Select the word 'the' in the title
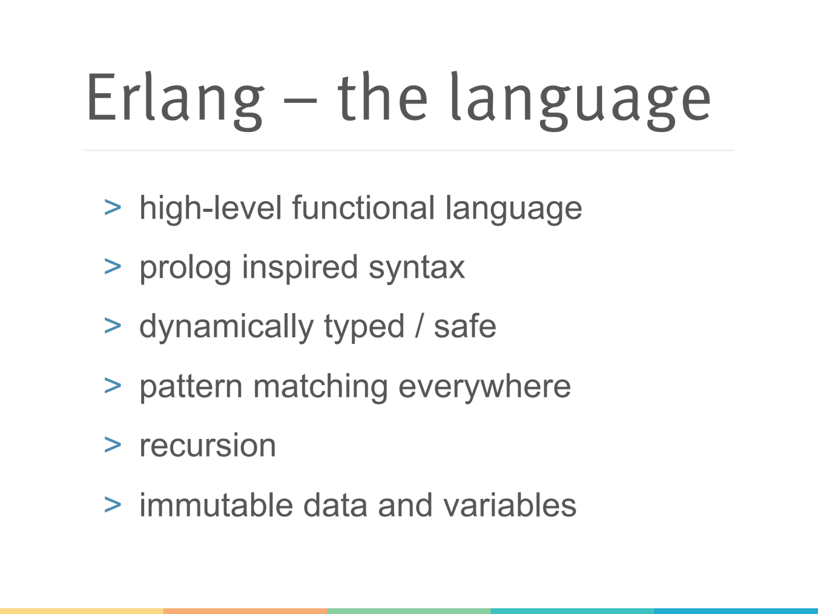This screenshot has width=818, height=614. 382,97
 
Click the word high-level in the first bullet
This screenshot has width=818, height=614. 211,208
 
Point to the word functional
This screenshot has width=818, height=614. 363,208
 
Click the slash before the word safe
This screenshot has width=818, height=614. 419,326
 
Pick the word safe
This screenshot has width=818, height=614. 465,326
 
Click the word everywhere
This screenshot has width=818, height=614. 484,387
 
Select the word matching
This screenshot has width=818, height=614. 321,387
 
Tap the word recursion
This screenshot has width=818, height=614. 208,445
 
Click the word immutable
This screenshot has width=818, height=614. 216,505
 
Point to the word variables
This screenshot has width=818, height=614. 509,505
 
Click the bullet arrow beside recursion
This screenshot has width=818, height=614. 112,445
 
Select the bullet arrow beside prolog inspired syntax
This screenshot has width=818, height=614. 112,267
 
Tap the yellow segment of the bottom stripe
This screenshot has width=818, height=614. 82,611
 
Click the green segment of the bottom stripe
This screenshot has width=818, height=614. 409,611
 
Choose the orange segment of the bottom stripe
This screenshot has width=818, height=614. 245,611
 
